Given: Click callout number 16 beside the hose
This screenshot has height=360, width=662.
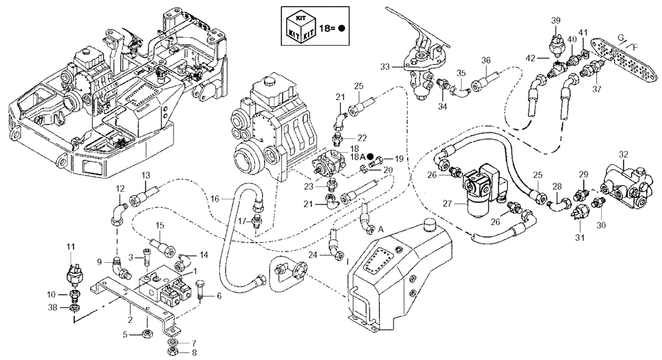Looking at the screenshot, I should [215, 198].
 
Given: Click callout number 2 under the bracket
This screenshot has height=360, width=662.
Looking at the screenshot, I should [130, 319].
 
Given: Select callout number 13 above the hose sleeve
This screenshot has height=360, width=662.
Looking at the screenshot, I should [146, 174].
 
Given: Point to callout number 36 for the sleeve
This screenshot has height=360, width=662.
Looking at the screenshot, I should [487, 61].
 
